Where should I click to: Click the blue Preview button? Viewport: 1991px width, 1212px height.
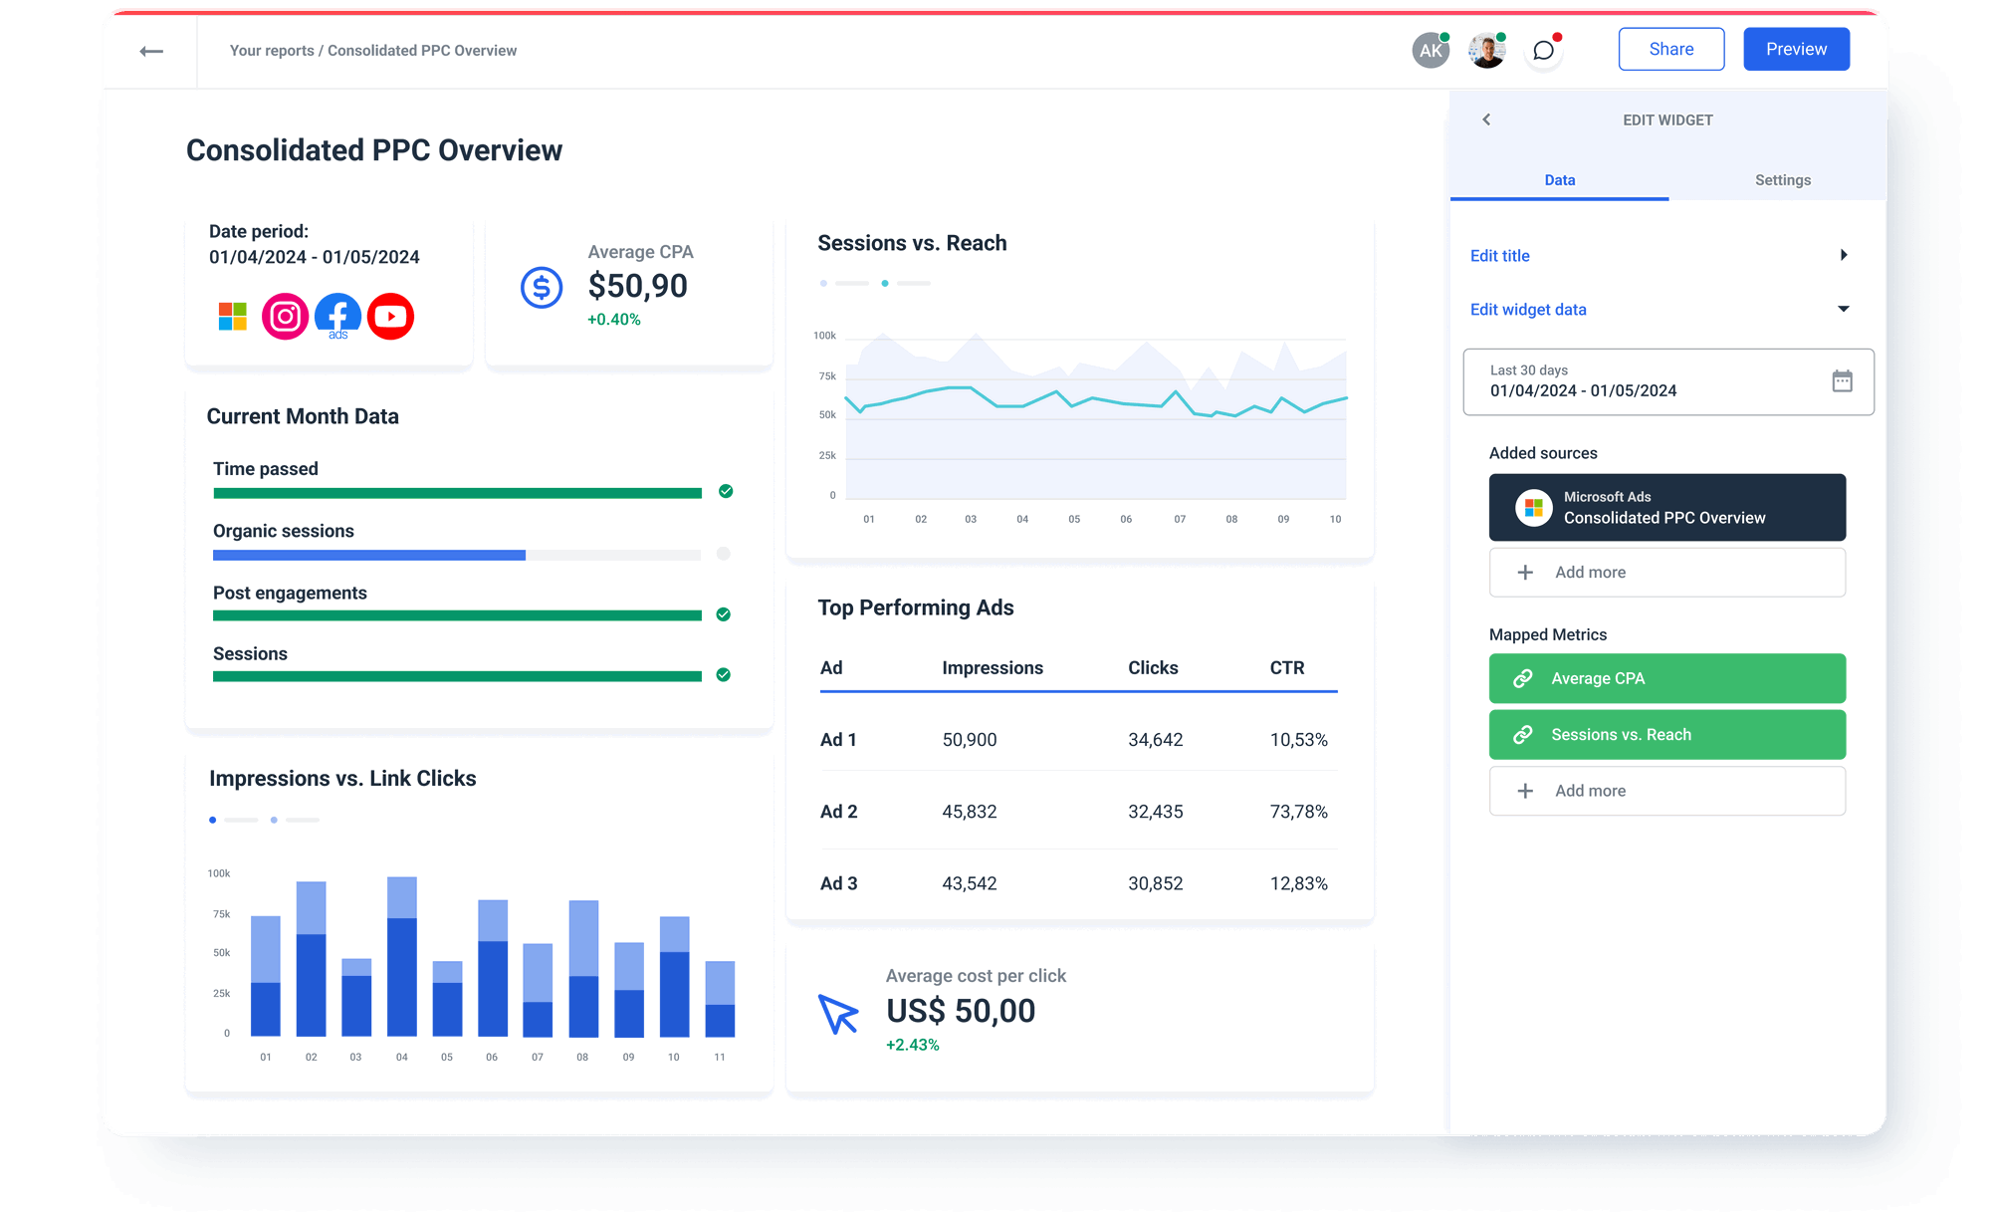pyautogui.click(x=1796, y=49)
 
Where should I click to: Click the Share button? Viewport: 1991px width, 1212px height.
pyautogui.click(x=1670, y=49)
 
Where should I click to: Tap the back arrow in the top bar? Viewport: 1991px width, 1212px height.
pyautogui.click(x=151, y=51)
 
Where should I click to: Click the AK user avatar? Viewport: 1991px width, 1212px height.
pyautogui.click(x=1431, y=51)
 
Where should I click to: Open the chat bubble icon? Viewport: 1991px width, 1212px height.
pyautogui.click(x=1543, y=51)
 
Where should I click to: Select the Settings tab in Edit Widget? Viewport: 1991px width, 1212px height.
pyautogui.click(x=1782, y=180)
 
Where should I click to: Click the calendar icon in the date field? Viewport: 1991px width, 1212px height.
pyautogui.click(x=1842, y=380)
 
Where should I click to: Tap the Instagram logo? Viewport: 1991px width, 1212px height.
pyautogui.click(x=285, y=317)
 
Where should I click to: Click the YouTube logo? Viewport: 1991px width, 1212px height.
pyautogui.click(x=390, y=317)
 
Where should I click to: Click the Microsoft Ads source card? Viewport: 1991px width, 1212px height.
pyautogui.click(x=1666, y=508)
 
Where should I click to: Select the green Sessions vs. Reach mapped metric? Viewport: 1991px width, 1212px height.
pyautogui.click(x=1666, y=735)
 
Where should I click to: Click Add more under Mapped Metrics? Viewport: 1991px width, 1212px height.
pyautogui.click(x=1666, y=791)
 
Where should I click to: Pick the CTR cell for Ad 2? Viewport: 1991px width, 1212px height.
pyautogui.click(x=1298, y=812)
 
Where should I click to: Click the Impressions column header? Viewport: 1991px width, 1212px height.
pyautogui.click(x=992, y=668)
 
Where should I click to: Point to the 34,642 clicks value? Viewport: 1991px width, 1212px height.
pyautogui.click(x=1155, y=740)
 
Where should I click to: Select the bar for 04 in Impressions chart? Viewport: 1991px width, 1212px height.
pyautogui.click(x=402, y=956)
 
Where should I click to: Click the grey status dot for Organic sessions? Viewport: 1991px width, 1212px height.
pyautogui.click(x=724, y=554)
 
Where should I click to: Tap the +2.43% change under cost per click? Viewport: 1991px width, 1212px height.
pyautogui.click(x=912, y=1045)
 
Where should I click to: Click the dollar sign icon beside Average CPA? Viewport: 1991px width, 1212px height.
pyautogui.click(x=542, y=288)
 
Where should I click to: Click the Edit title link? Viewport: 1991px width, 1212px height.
pyautogui.click(x=1499, y=256)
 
